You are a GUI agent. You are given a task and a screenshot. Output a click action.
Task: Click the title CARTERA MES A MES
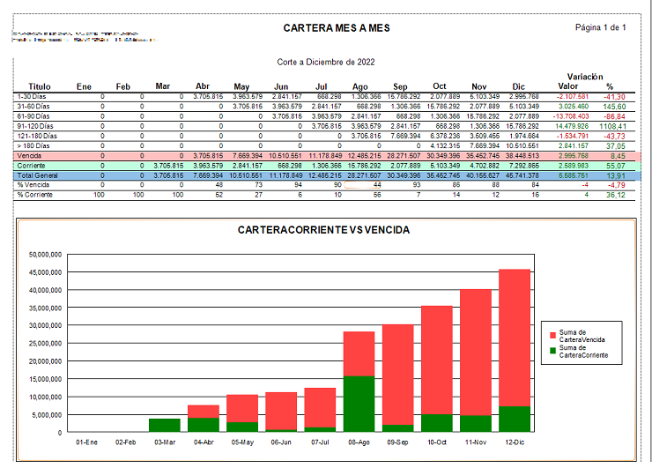(337, 28)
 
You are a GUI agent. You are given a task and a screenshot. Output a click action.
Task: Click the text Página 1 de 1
(600, 27)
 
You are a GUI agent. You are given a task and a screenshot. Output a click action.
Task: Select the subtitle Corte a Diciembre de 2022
(325, 63)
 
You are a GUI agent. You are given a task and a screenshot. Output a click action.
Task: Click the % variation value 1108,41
(611, 126)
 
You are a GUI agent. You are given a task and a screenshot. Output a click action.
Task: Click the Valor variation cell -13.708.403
(572, 116)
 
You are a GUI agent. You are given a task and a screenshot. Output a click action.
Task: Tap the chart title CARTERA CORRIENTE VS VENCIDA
(324, 230)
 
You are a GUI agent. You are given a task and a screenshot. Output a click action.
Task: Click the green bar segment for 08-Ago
(359, 404)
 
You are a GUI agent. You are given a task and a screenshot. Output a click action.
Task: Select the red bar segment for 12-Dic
(514, 338)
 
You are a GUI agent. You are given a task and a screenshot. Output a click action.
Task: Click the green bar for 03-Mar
(165, 425)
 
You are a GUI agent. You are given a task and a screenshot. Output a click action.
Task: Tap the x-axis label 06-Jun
(281, 442)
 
